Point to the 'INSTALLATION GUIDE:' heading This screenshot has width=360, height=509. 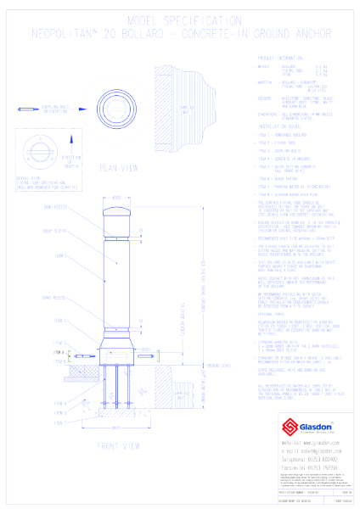tap(280, 124)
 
